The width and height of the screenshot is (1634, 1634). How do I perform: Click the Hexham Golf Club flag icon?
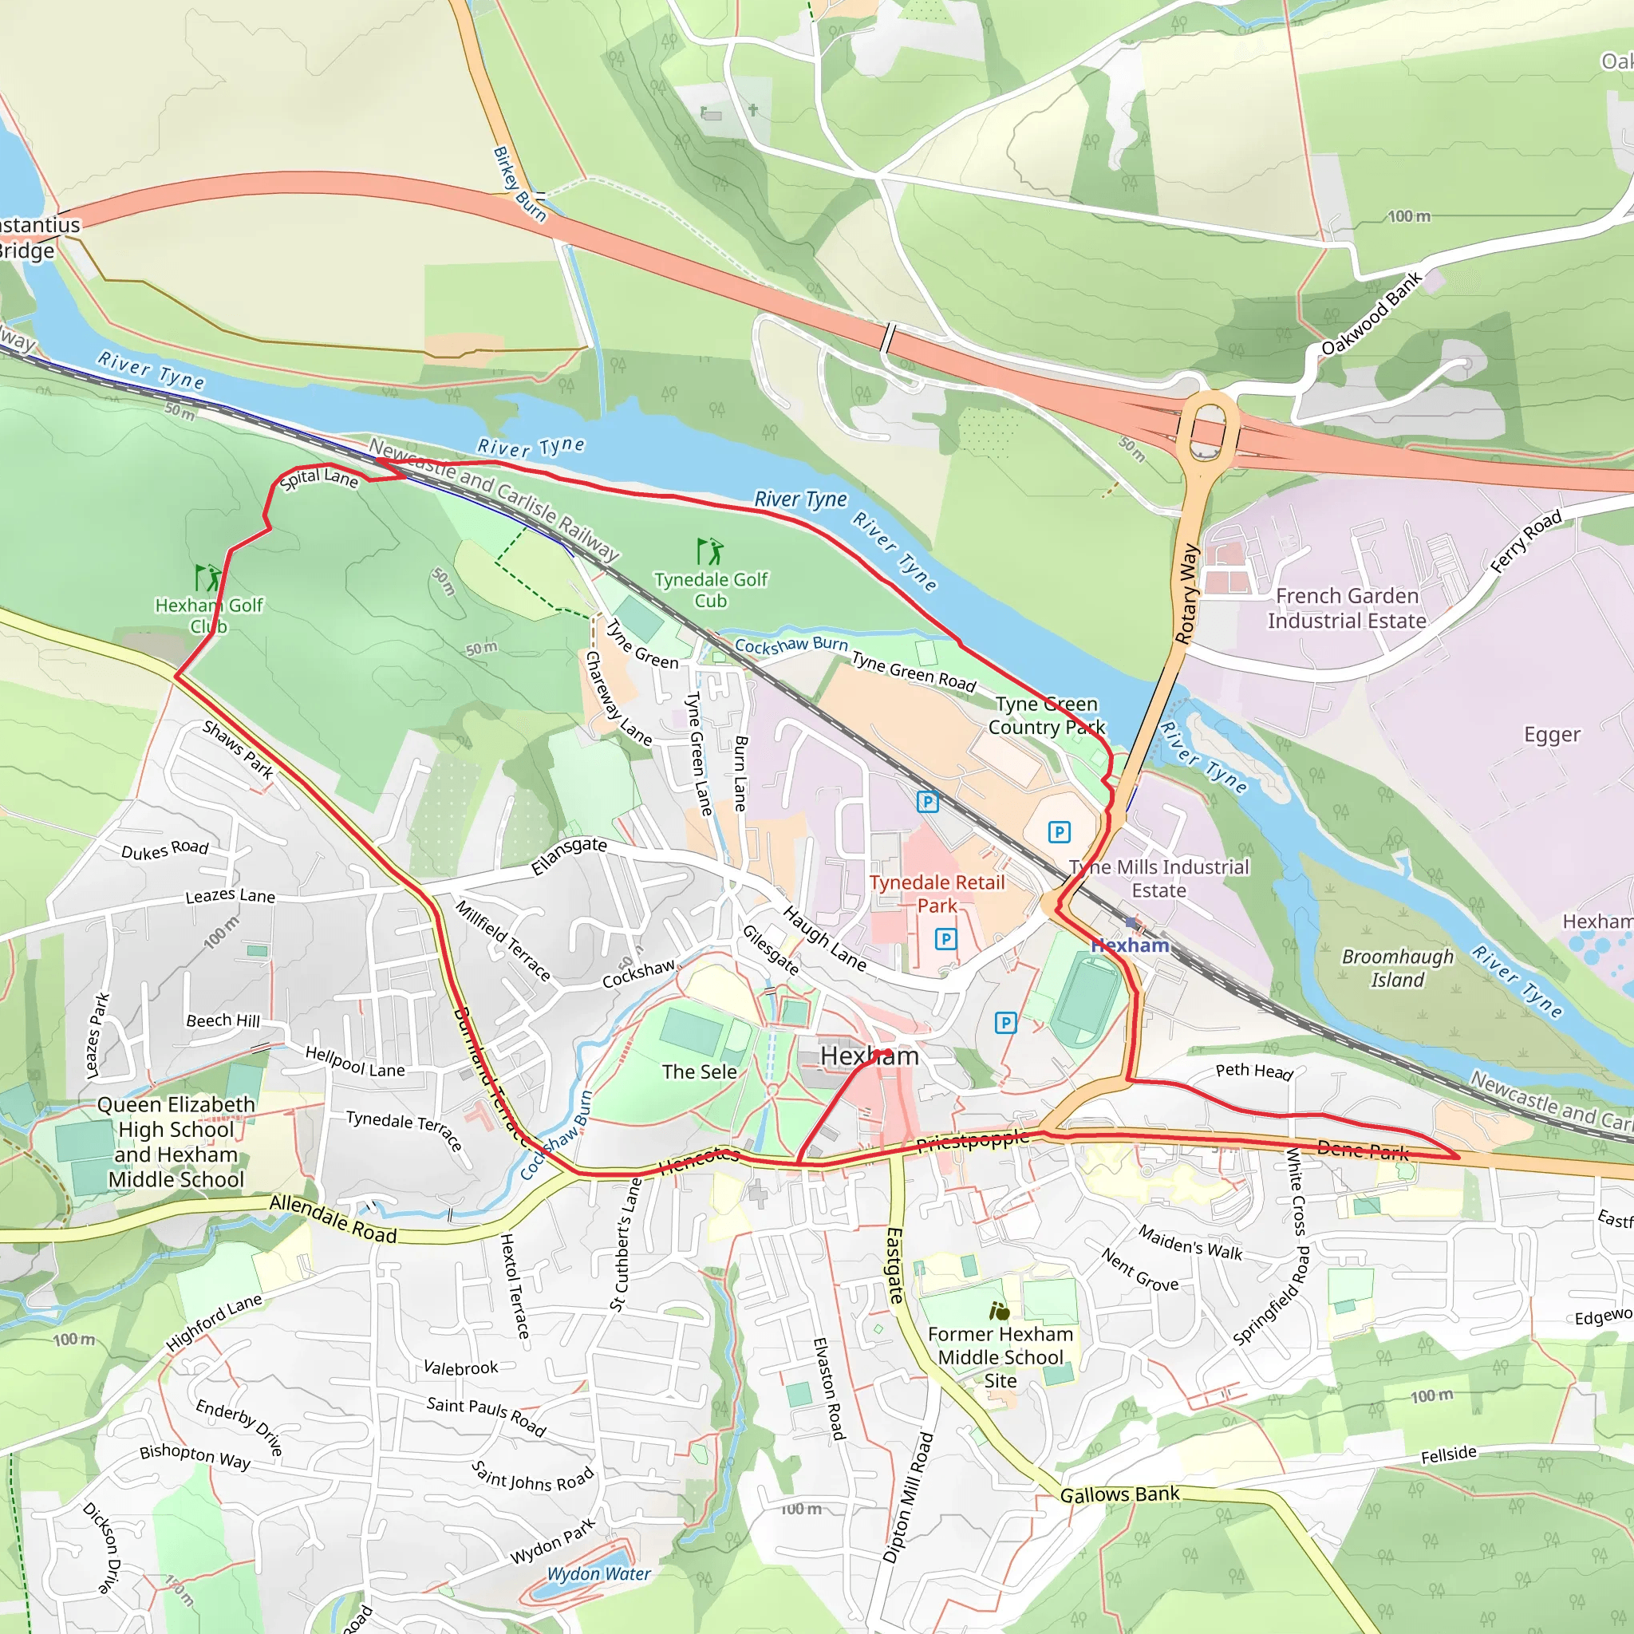point(207,578)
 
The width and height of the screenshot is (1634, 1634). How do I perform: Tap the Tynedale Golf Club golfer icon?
point(709,551)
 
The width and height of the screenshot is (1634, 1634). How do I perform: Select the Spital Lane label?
point(319,478)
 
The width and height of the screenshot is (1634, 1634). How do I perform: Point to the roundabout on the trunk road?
point(1210,428)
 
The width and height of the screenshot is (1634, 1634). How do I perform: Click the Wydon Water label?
point(599,1574)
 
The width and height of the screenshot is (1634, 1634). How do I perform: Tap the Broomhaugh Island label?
point(1397,969)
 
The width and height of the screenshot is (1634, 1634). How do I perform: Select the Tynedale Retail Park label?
point(937,894)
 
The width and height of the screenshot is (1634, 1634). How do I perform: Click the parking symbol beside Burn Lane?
point(928,802)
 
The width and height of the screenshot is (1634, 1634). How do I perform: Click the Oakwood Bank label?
point(1372,314)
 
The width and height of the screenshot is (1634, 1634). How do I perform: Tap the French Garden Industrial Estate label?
point(1347,608)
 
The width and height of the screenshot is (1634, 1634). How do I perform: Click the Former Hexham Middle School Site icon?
point(1000,1311)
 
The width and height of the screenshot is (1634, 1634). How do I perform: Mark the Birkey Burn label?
point(519,184)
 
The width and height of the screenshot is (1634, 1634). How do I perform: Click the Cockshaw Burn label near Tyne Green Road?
point(791,645)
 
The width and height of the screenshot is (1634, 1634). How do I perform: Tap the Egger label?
point(1551,734)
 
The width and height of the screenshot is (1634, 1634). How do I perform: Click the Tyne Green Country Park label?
point(1046,716)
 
